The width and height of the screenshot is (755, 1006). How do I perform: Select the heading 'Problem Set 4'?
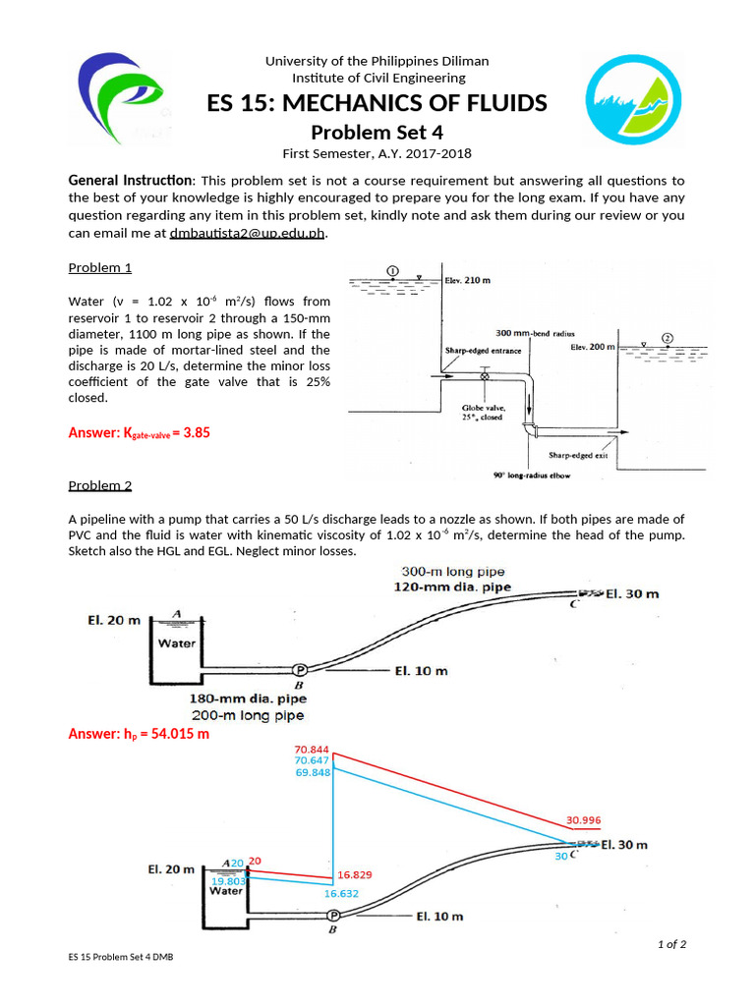(x=377, y=133)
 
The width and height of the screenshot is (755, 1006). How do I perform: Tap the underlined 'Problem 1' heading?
(x=99, y=267)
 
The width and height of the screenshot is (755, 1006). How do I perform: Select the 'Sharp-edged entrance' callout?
(x=476, y=351)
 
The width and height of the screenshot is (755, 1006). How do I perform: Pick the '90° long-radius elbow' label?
(x=532, y=475)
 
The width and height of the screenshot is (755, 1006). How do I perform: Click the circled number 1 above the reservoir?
(x=392, y=271)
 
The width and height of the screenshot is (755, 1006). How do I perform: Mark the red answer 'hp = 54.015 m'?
(x=139, y=734)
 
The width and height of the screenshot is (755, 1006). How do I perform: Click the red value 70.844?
(x=312, y=750)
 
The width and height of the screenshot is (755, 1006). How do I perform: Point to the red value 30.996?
(x=583, y=820)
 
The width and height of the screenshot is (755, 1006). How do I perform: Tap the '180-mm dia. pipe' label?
(x=248, y=699)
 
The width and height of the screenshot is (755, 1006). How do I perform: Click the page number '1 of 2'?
(x=671, y=944)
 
